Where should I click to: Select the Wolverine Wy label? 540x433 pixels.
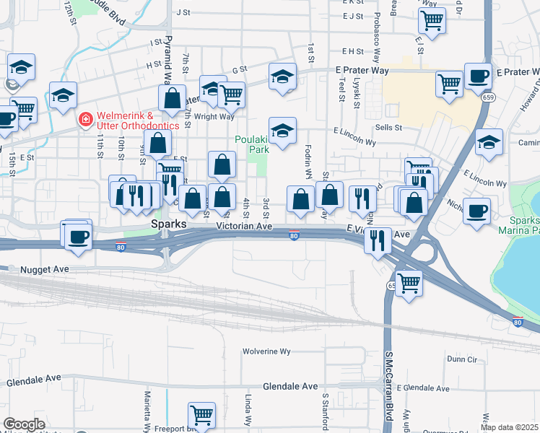[x=266, y=351]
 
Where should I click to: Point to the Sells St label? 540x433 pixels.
[x=388, y=127]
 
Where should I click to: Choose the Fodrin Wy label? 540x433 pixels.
[x=308, y=170]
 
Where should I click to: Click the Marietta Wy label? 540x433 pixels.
[x=147, y=411]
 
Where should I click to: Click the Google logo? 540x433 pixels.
[x=24, y=424]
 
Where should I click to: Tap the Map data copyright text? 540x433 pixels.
[x=509, y=427]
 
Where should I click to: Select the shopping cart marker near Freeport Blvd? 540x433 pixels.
[x=201, y=415]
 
